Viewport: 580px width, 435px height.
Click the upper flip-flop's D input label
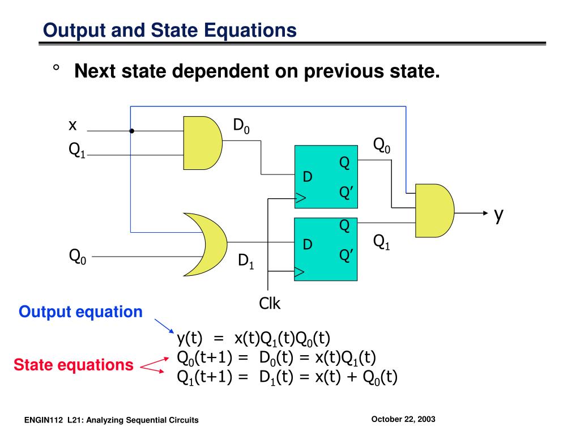click(308, 177)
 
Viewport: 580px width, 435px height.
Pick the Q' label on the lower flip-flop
click(346, 255)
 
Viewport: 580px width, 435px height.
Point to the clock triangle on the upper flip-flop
click(300, 198)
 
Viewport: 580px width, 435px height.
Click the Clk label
click(270, 304)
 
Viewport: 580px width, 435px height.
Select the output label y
click(498, 215)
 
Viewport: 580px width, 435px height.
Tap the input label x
click(72, 125)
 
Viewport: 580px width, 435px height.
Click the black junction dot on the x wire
click(131, 131)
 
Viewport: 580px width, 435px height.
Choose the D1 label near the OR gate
click(246, 261)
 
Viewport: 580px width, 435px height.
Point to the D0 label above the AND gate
click(241, 126)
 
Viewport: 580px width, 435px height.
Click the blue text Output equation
click(80, 312)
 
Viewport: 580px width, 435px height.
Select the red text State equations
click(74, 365)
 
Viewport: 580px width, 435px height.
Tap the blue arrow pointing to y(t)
click(164, 326)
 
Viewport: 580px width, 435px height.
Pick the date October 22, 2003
click(403, 419)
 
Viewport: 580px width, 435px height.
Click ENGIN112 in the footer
click(44, 420)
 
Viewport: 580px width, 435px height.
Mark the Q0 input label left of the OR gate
click(78, 257)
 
